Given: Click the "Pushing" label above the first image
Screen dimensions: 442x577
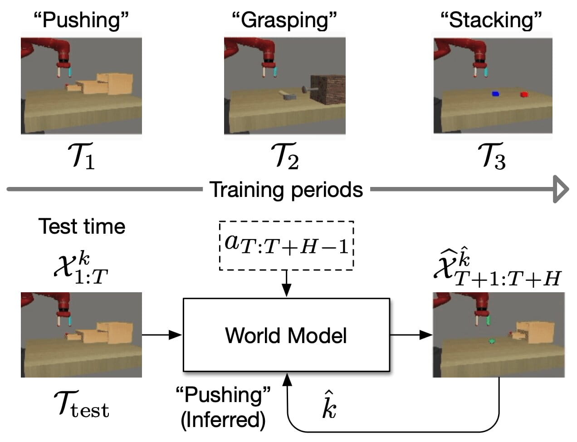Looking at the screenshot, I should [81, 20].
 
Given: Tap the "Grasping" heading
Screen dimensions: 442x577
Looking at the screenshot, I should [284, 20].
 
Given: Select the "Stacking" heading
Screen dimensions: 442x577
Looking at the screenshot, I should [492, 20].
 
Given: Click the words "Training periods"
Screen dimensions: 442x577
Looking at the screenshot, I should [286, 189].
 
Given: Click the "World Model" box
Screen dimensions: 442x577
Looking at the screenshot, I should [286, 335].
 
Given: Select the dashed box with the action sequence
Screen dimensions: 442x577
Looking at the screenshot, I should [286, 246].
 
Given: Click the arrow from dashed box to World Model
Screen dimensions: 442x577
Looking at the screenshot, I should [286, 284].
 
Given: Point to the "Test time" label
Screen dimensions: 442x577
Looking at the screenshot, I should [82, 226].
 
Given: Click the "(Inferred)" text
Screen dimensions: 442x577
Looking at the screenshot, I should [223, 419].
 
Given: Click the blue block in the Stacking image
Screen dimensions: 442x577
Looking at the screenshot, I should [495, 94].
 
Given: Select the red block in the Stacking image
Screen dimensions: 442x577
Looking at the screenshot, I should [524, 94].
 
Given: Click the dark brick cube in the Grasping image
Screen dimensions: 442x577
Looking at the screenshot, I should [328, 90].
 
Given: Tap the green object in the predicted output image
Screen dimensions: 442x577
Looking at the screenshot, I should [491, 341].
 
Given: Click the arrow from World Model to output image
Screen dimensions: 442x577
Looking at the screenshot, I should [411, 335].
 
